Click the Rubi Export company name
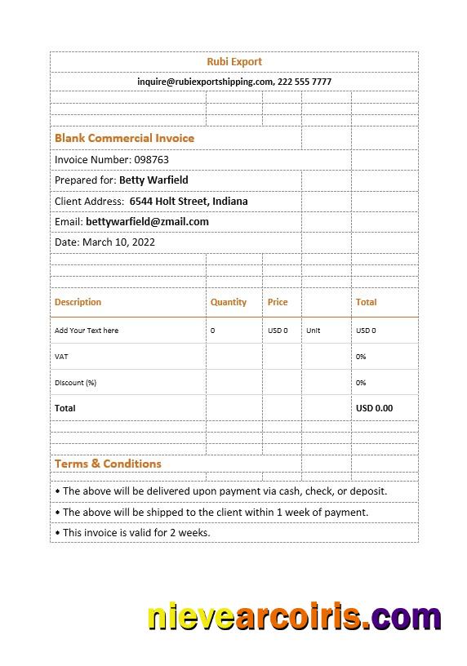(x=234, y=61)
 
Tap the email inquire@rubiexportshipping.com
(x=205, y=82)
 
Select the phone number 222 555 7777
(x=305, y=82)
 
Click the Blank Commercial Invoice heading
(x=124, y=138)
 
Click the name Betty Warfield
(x=153, y=180)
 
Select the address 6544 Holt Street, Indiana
(x=189, y=201)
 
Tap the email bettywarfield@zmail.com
(x=147, y=221)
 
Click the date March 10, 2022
(x=118, y=242)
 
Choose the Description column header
(x=78, y=302)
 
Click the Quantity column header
(x=228, y=302)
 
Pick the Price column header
(x=278, y=302)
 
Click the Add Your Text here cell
(x=87, y=331)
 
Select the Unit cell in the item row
(x=313, y=331)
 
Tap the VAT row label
(x=61, y=357)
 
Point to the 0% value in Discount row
(x=361, y=383)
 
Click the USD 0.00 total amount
(x=374, y=408)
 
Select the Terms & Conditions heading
(x=108, y=464)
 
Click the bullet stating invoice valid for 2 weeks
(x=132, y=532)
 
